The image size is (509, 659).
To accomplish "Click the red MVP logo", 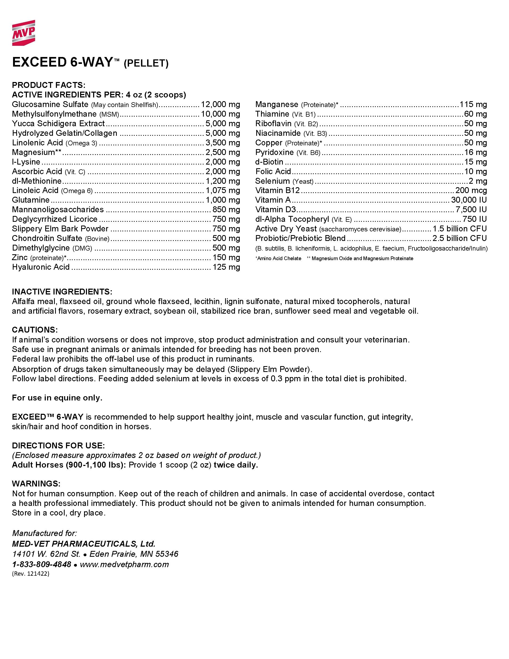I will pyautogui.click(x=23, y=33).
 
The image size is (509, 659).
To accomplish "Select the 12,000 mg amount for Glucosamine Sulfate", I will pyautogui.click(x=220, y=104).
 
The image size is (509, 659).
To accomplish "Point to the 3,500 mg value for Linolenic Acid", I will pyautogui.click(x=222, y=143).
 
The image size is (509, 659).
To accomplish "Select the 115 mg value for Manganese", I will pyautogui.click(x=473, y=104).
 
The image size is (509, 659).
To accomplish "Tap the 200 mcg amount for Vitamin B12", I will pyautogui.click(x=471, y=190).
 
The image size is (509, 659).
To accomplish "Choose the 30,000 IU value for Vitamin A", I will pyautogui.click(x=469, y=200).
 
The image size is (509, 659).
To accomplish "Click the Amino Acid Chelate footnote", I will pyautogui.click(x=278, y=258).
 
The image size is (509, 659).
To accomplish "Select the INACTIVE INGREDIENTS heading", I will pyautogui.click(x=62, y=292).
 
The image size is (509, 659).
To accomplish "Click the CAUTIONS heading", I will pyautogui.click(x=35, y=330).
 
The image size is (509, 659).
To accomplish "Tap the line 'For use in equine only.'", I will pyautogui.click(x=57, y=398).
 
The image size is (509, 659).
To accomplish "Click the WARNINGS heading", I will pyautogui.click(x=36, y=484).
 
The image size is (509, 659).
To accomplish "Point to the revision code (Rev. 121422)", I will pyautogui.click(x=30, y=574).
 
